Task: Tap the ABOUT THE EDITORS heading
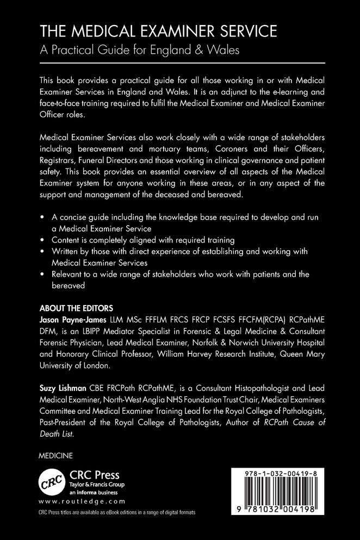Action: click(76, 307)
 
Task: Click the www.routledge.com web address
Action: click(82, 501)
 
